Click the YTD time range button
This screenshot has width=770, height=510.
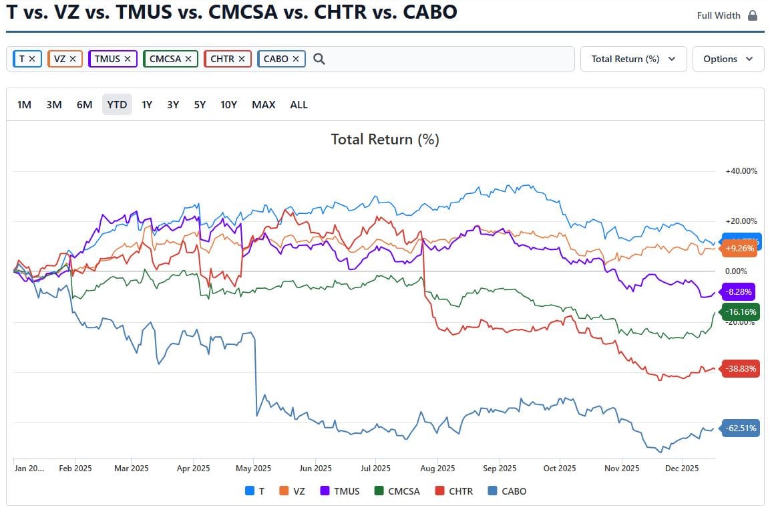(x=117, y=104)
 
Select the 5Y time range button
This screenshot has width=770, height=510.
(x=200, y=104)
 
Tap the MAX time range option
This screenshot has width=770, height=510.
(x=263, y=104)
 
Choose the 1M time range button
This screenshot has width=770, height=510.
(x=24, y=104)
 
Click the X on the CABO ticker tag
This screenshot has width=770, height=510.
(x=296, y=59)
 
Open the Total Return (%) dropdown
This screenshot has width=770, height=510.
(x=633, y=59)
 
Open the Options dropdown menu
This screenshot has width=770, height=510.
(x=728, y=59)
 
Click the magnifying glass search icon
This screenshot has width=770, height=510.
(x=319, y=59)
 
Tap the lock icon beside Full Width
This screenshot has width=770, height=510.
(x=753, y=15)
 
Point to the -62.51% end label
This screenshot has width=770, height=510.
(x=741, y=428)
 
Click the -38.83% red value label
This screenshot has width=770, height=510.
(x=741, y=369)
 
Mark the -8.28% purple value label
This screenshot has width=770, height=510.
(x=739, y=291)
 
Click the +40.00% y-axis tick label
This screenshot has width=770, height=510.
(x=741, y=171)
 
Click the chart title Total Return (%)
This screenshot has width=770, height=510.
(x=385, y=139)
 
